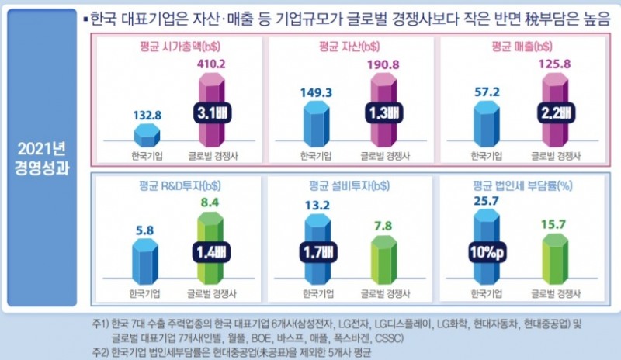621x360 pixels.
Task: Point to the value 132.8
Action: (x=147, y=115)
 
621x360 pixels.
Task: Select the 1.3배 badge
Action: (x=380, y=113)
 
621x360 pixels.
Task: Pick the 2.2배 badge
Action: (x=550, y=113)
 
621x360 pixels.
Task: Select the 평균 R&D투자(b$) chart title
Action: (x=178, y=186)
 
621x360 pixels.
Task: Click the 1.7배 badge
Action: (x=317, y=252)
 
